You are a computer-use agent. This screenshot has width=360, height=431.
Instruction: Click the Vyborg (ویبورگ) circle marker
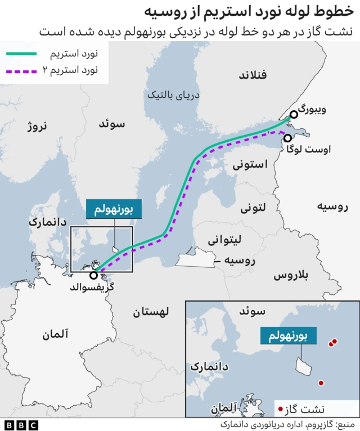(294, 115)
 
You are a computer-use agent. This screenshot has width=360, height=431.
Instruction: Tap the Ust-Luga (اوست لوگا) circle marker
(288, 138)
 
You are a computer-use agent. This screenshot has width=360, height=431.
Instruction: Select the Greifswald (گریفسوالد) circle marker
(94, 275)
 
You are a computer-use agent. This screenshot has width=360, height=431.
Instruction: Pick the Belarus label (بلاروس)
(291, 275)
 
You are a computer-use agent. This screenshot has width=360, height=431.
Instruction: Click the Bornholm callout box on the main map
(114, 209)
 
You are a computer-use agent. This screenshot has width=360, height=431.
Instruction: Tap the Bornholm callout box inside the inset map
(288, 337)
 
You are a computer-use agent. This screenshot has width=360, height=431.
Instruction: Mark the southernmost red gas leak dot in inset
(321, 383)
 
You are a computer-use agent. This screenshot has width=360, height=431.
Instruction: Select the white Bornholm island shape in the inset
(304, 367)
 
